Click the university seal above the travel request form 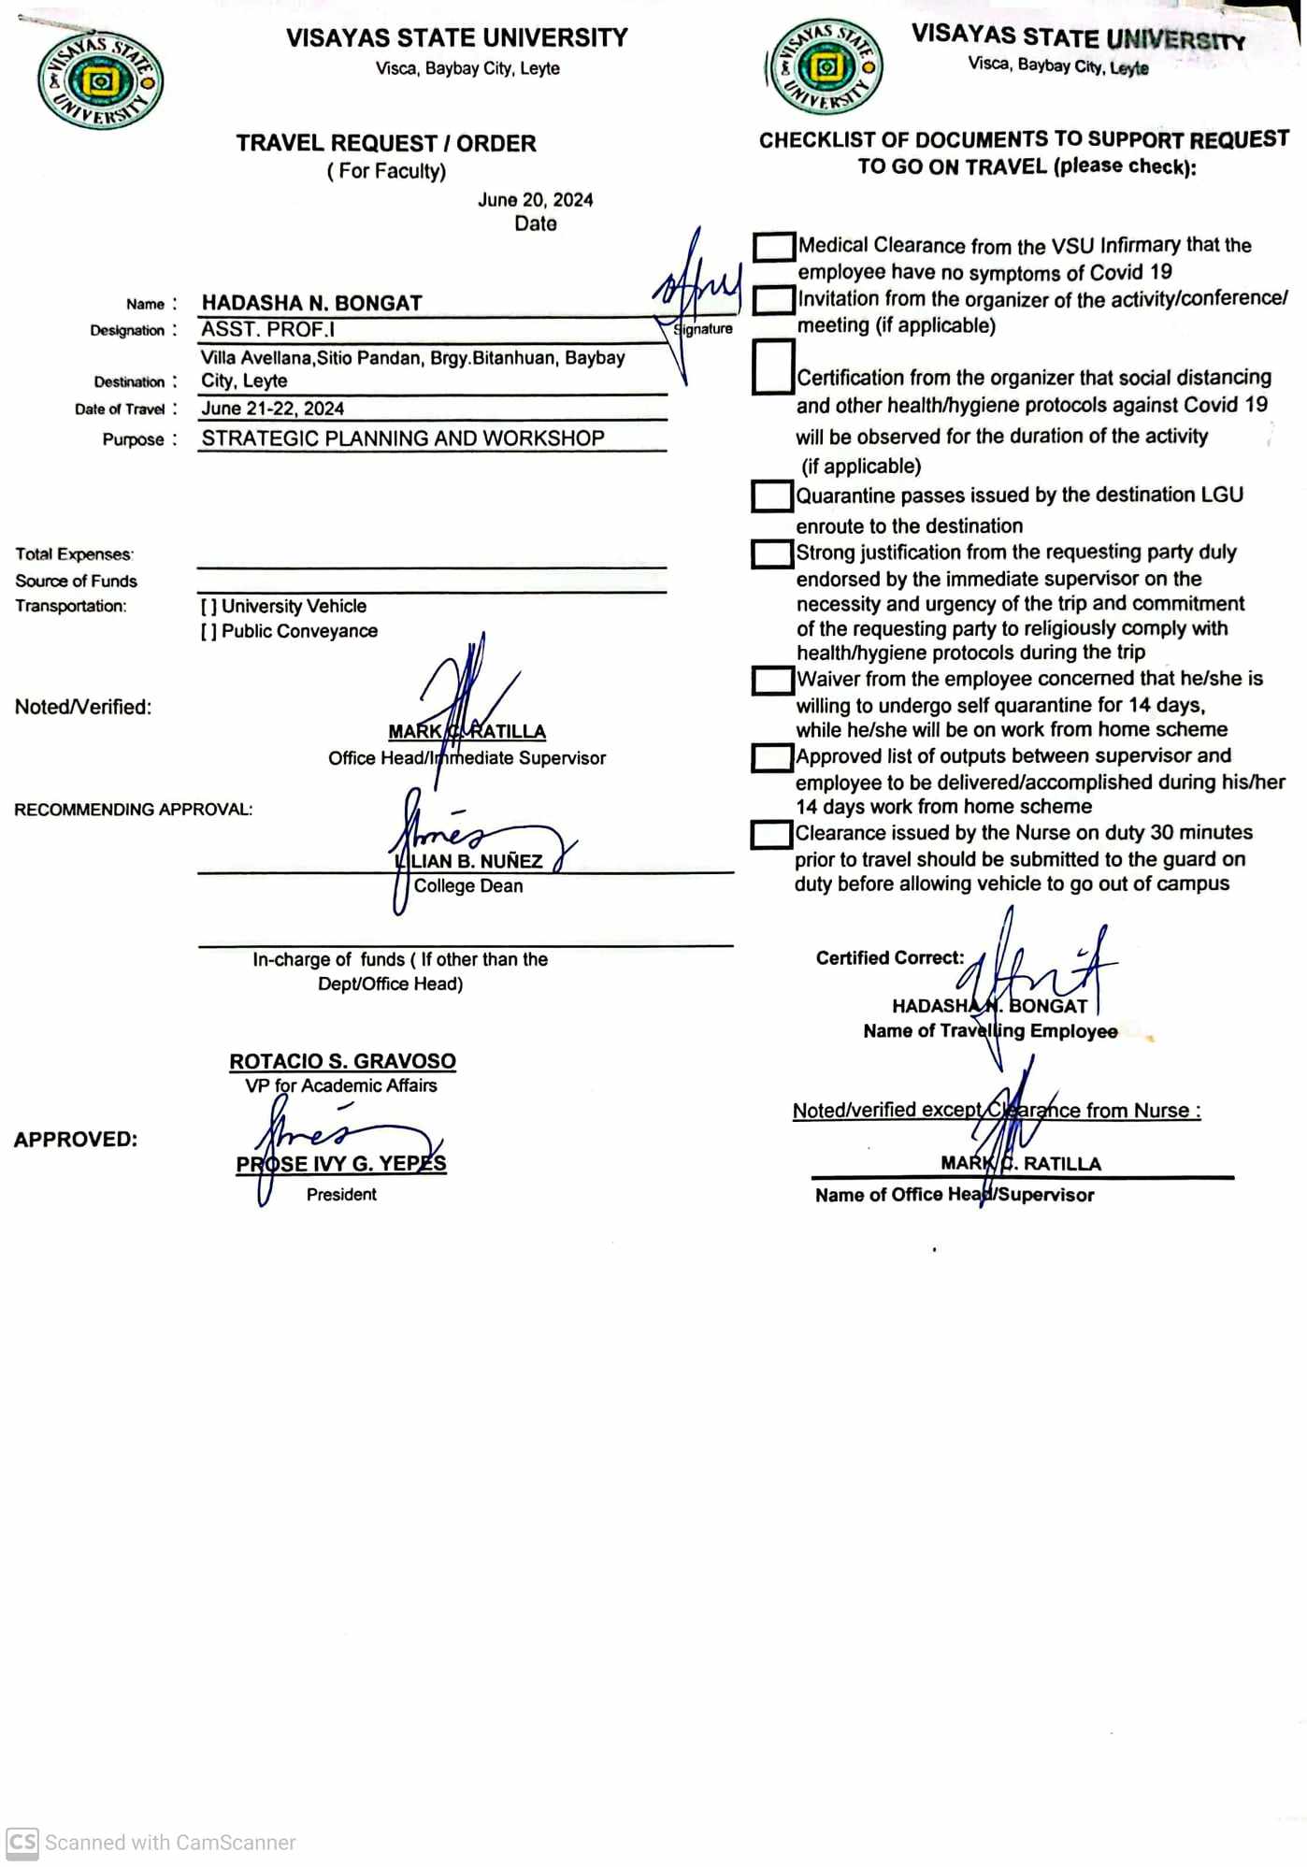pos(100,80)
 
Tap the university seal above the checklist pos(825,67)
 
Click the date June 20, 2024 pos(535,200)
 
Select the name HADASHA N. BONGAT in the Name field pos(311,303)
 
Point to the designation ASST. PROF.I pos(267,329)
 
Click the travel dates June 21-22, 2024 pos(272,409)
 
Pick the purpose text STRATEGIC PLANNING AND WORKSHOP pos(403,438)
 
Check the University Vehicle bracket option pos(208,607)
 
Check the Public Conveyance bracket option pos(208,632)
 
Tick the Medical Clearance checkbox pos(773,247)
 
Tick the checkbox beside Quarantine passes pos(772,496)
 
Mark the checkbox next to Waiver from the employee pos(772,680)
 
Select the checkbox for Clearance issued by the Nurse pos(771,834)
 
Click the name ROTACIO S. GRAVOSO pos(342,1061)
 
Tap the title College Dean pos(468,885)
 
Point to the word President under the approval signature pos(341,1194)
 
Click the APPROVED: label pos(76,1140)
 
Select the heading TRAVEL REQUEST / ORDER pos(386,143)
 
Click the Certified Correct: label pos(889,957)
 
